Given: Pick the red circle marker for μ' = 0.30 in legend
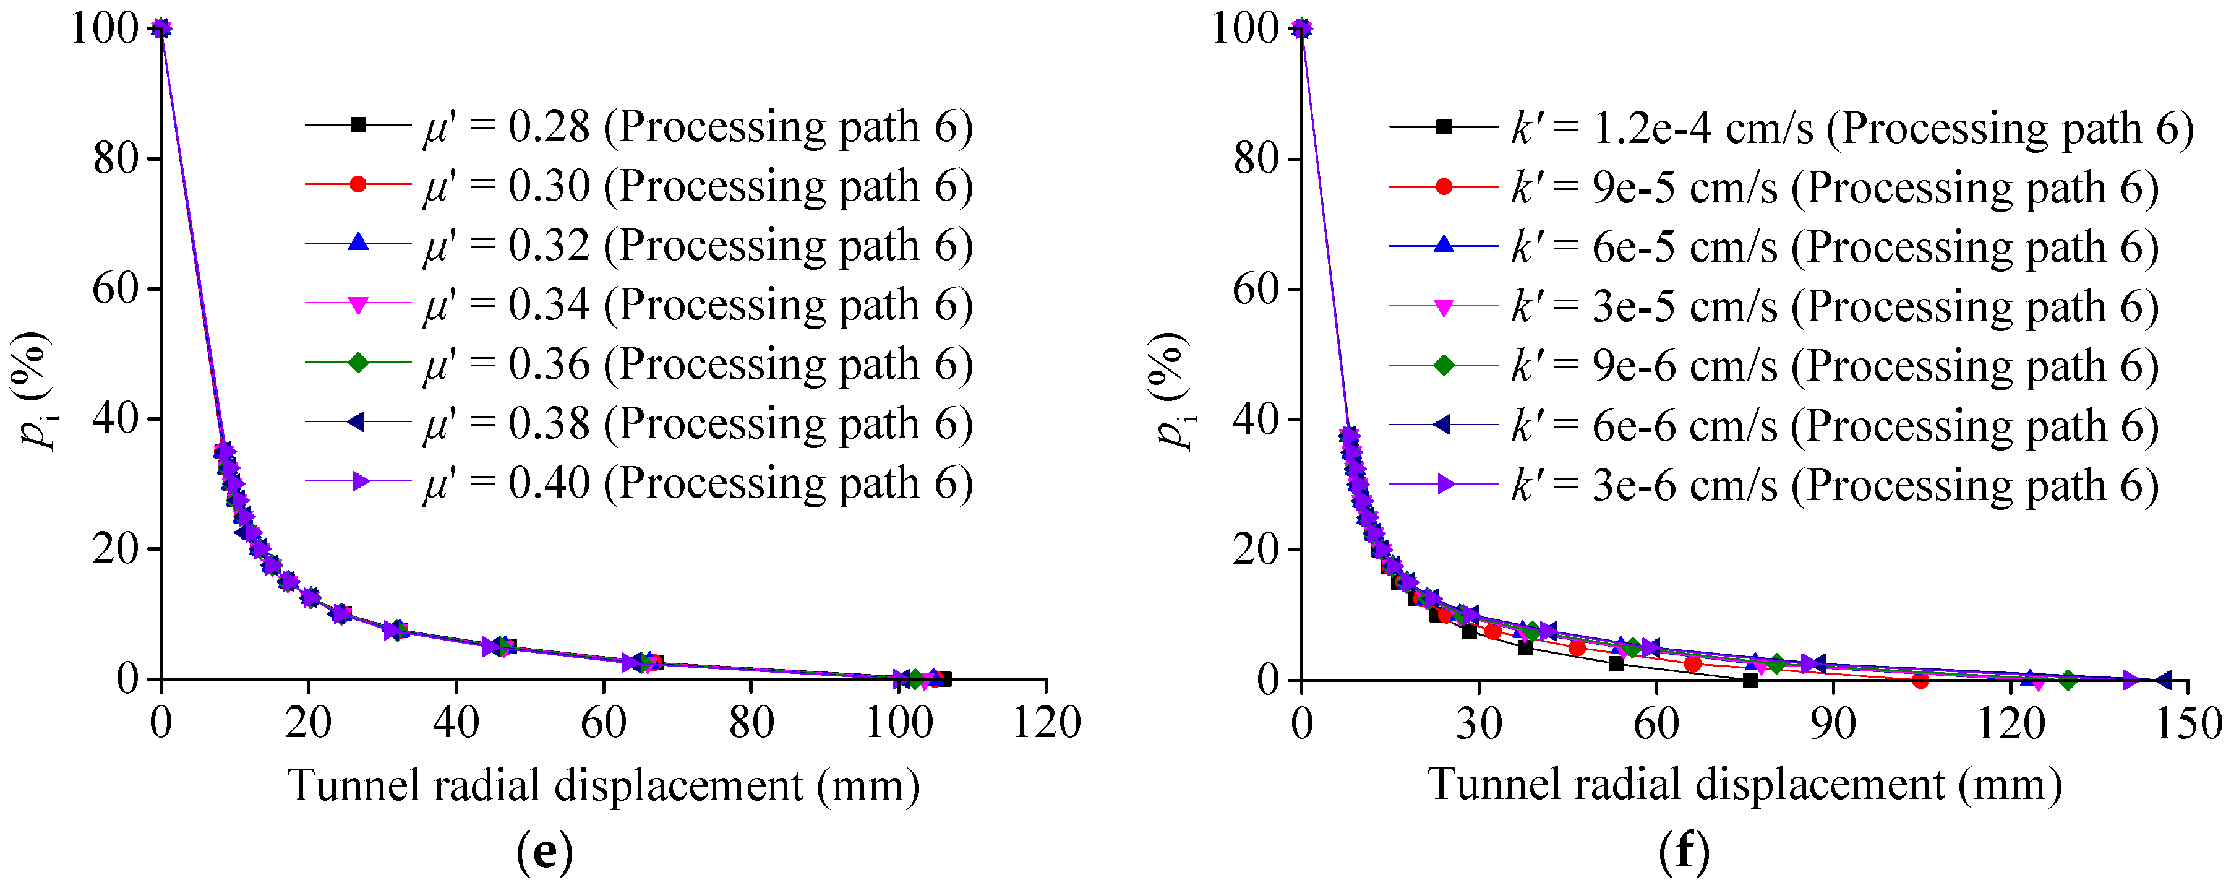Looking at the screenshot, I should (x=357, y=184).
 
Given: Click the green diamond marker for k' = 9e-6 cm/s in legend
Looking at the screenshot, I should (x=1443, y=365).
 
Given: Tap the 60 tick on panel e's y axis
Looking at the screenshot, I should (x=116, y=288).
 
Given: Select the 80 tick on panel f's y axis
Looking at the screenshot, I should (x=1256, y=159).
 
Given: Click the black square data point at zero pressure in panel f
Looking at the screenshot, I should (x=1750, y=680).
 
